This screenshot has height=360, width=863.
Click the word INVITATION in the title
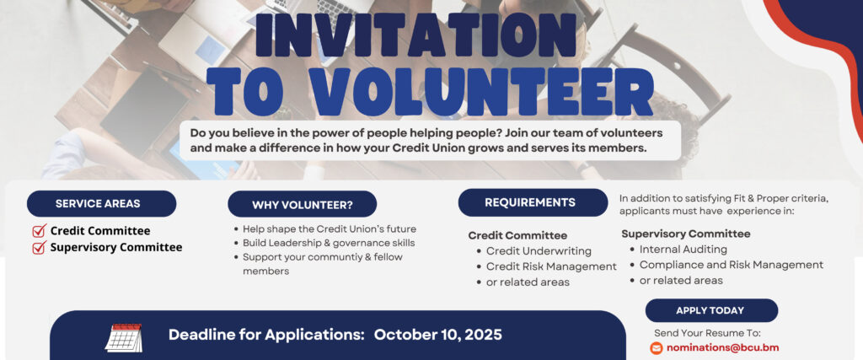(415, 35)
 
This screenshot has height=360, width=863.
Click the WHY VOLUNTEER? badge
(303, 205)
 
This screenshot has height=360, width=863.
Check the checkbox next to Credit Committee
(39, 231)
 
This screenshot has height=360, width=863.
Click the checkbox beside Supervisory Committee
(39, 248)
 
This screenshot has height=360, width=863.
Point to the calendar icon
(124, 338)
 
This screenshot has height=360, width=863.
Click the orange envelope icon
(656, 348)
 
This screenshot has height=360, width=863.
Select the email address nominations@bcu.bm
(722, 348)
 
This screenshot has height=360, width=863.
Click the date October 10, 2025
(438, 335)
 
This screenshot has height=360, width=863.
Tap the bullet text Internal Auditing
(683, 250)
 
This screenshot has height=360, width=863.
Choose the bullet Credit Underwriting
(539, 251)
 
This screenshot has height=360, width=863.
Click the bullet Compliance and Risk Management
(732, 265)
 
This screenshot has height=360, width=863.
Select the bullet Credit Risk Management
(551, 266)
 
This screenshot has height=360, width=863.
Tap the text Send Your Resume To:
(707, 333)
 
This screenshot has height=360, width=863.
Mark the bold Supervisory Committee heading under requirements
(686, 234)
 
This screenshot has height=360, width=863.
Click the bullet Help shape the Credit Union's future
(330, 229)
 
